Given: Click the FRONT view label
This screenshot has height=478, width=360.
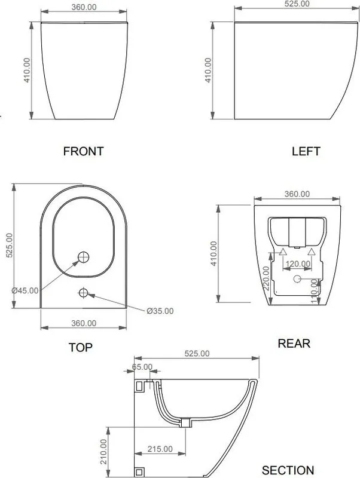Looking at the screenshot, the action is coord(83,151).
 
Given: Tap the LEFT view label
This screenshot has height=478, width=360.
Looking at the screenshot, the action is coord(306,151).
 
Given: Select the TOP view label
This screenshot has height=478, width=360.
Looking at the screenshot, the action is coord(80,348).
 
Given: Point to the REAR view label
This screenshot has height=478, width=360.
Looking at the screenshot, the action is coord(294,344).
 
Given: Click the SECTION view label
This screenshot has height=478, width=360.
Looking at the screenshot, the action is coord(288,470).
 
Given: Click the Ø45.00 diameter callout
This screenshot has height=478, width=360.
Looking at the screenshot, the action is coord(25,290).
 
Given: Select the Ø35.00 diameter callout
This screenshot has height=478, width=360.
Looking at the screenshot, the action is coord(160,311).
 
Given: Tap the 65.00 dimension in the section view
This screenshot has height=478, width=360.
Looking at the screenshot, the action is coord(142,367).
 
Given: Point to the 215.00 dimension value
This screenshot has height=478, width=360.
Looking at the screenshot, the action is coord(160,449).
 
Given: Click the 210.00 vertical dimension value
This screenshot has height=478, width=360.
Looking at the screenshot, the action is coord(103,452).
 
